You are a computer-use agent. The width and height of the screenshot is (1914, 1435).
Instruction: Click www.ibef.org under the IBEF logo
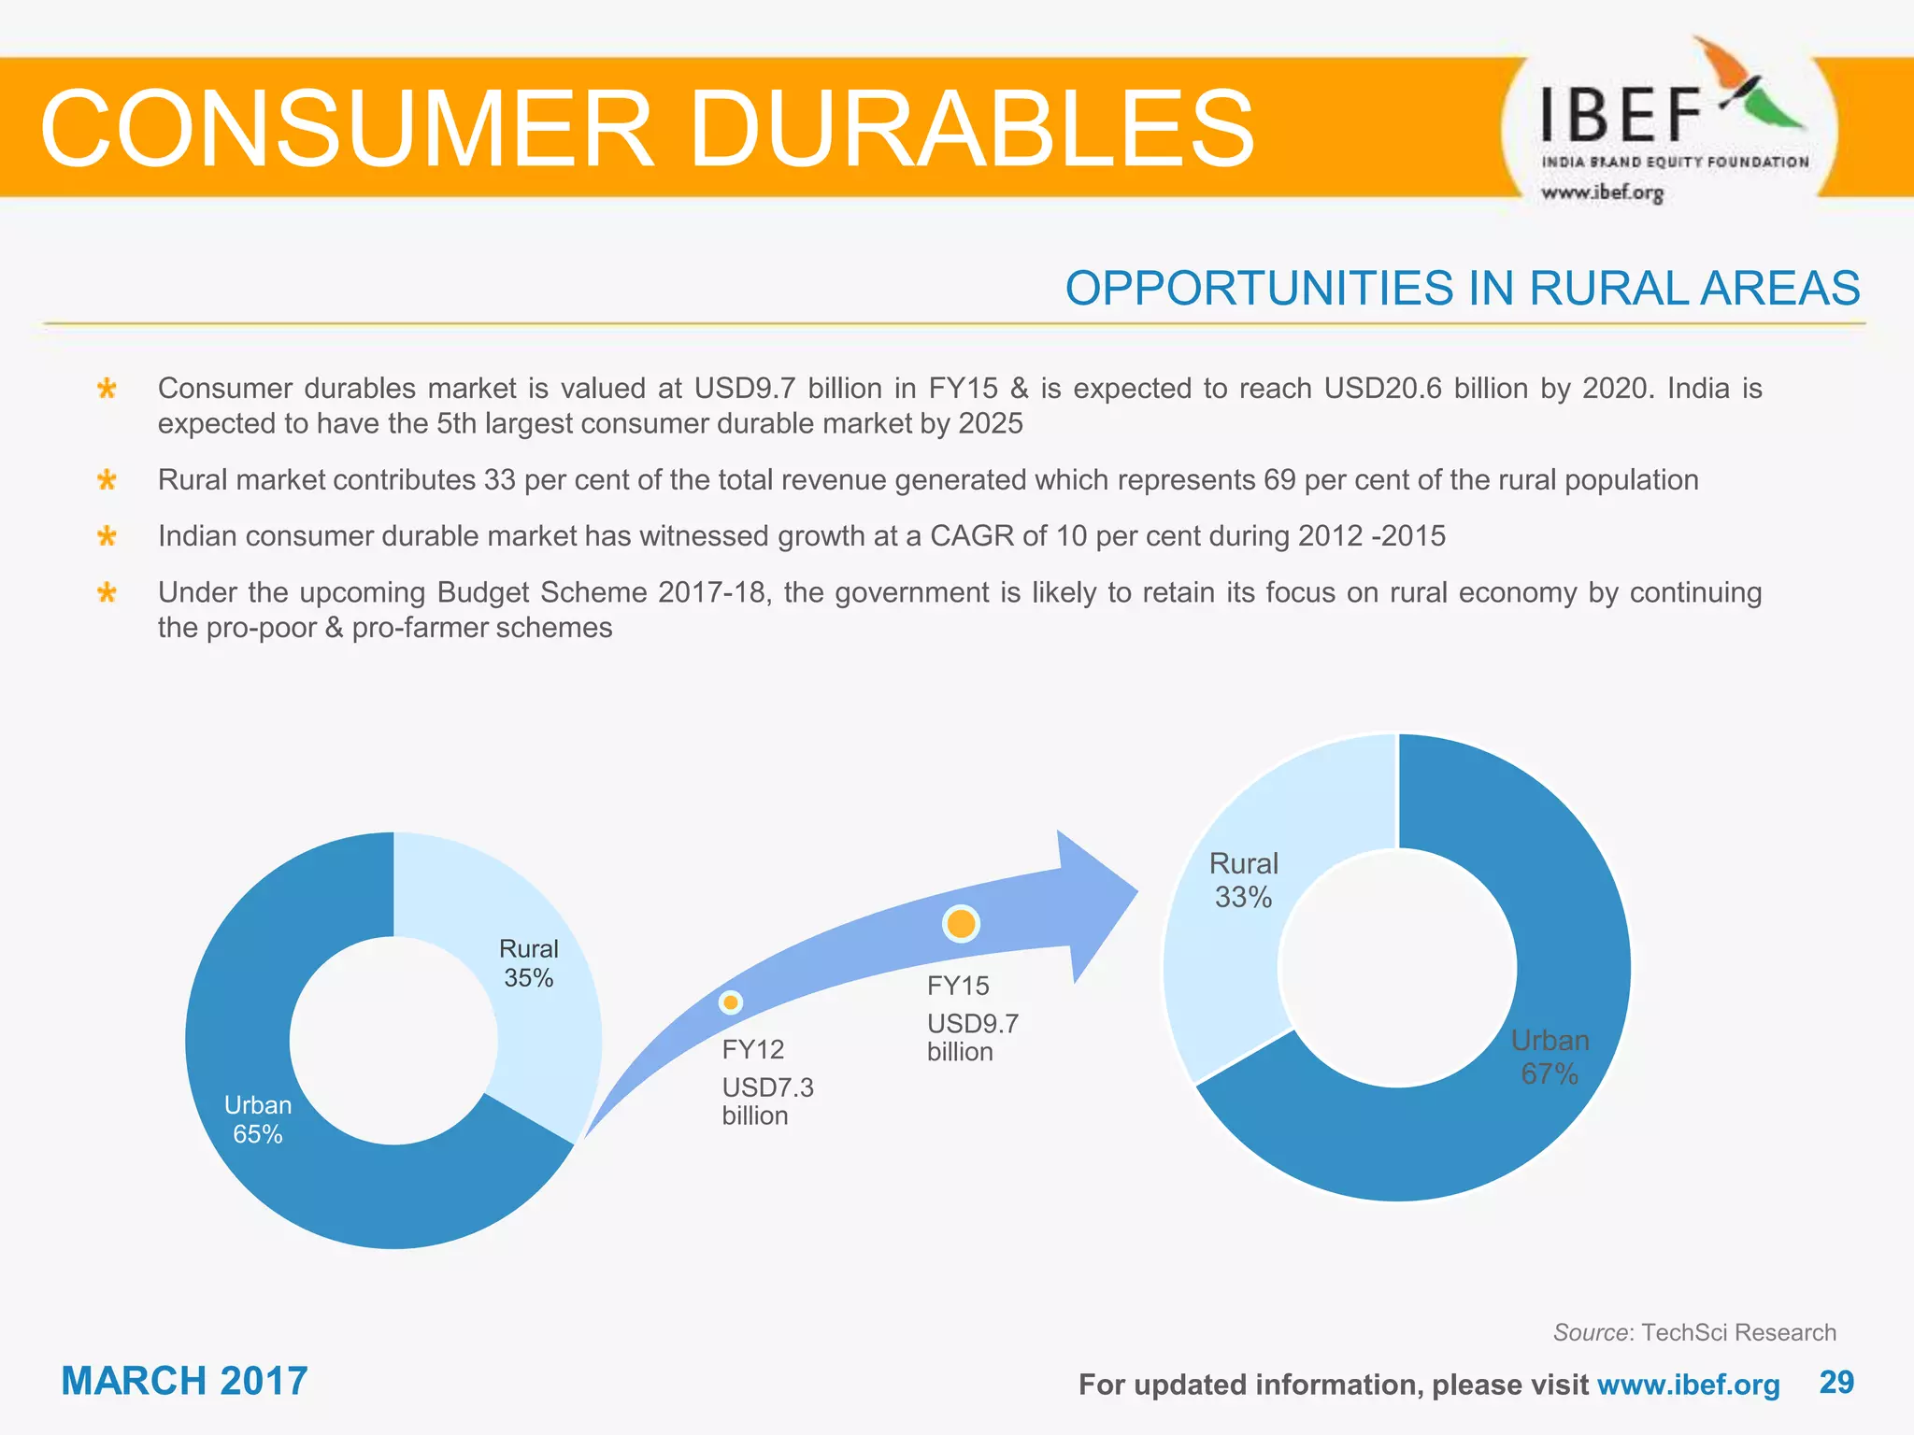tap(1602, 192)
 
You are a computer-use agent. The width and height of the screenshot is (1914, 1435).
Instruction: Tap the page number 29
tap(1836, 1382)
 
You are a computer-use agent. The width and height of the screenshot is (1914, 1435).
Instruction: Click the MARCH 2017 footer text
tap(184, 1381)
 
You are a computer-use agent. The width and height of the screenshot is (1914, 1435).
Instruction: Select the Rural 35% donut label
tap(528, 963)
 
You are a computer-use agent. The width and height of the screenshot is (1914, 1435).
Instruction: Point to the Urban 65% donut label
tap(258, 1119)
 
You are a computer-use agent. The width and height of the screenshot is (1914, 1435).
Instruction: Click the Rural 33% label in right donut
tap(1243, 880)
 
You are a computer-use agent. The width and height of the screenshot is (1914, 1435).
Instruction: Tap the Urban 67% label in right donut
tap(1550, 1057)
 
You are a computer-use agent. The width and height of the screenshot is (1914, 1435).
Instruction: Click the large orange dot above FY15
tap(961, 924)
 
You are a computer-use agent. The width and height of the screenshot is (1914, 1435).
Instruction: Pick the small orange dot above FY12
tap(731, 1002)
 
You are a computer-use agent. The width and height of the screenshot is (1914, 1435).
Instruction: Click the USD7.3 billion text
tap(767, 1101)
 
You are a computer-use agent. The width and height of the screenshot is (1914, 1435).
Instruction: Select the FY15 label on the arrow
tap(957, 986)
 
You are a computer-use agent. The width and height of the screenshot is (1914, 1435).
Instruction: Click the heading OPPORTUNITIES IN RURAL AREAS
tap(1462, 288)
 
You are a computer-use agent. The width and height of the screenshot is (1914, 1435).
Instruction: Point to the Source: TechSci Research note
tap(1693, 1332)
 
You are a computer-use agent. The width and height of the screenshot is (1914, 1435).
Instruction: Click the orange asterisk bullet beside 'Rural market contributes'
tap(107, 480)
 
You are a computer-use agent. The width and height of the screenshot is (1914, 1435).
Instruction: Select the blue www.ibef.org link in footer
tap(1688, 1385)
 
